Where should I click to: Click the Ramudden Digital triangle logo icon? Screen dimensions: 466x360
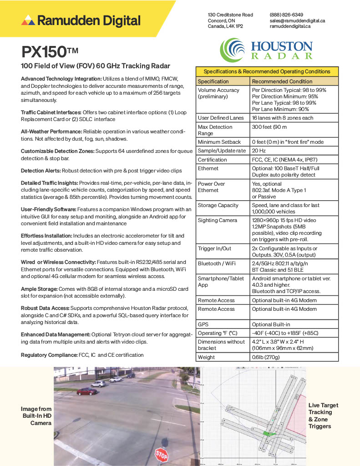(28, 20)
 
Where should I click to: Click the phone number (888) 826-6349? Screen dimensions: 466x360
(286, 15)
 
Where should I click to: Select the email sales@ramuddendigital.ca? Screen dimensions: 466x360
(297, 20)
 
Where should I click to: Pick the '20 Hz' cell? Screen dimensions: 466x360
(259, 151)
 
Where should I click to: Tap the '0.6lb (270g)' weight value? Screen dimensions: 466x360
(266, 357)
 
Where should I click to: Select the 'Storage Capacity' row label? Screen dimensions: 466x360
(218, 205)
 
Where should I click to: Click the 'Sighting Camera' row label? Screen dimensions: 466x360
(217, 220)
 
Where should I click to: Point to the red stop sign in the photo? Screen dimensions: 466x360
(162, 453)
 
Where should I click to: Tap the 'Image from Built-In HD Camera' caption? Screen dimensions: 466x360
(37, 416)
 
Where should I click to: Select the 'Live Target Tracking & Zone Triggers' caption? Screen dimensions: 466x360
(323, 415)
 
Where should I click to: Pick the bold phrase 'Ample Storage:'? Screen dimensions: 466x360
(39, 289)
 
